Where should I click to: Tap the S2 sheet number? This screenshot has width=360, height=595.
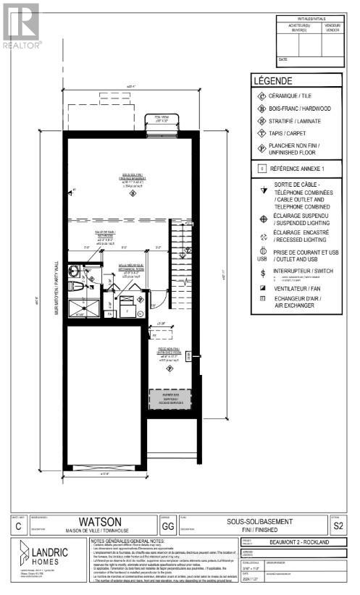335,528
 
